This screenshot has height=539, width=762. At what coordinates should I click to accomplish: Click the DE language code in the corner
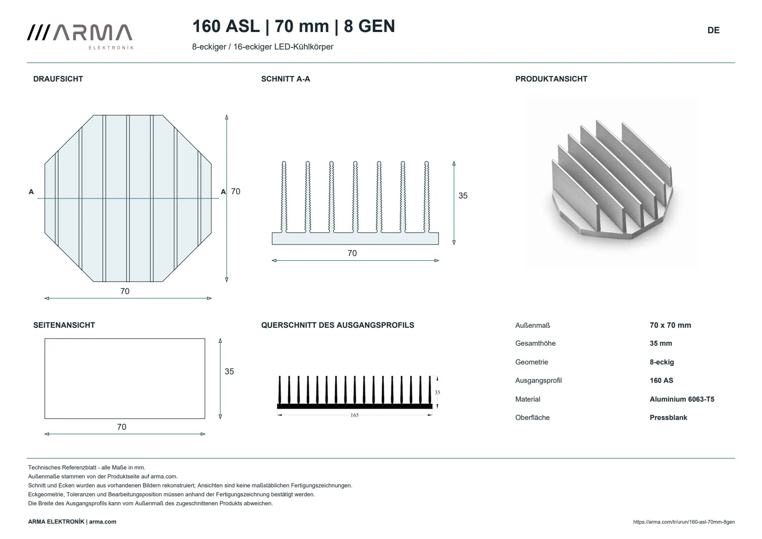click(x=713, y=30)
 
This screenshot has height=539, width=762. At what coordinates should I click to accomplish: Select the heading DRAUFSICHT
click(x=58, y=79)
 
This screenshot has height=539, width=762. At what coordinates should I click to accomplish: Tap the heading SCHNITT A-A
click(x=286, y=79)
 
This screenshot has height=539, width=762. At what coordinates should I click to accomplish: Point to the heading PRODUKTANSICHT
click(x=551, y=79)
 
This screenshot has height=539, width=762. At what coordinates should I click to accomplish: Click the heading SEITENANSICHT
click(x=64, y=325)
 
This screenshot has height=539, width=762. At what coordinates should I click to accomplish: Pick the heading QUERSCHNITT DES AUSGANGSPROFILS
click(x=338, y=325)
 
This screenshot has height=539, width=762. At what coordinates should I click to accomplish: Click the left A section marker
click(x=31, y=192)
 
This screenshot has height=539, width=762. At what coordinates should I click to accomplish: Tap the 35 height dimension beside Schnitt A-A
click(x=463, y=196)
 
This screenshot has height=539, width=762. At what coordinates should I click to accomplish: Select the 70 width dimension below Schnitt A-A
click(x=352, y=253)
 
